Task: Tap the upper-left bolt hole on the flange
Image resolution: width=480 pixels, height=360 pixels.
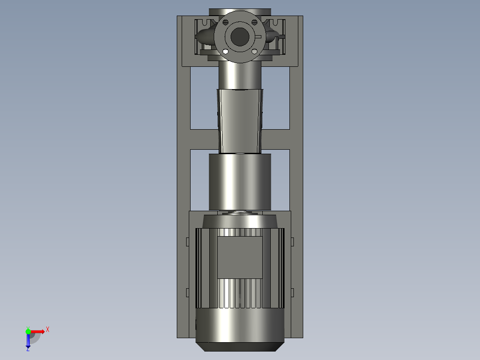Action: [225, 22]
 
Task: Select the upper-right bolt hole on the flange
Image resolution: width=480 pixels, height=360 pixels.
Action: [254, 22]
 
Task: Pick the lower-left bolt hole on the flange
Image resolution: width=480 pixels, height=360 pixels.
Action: [225, 52]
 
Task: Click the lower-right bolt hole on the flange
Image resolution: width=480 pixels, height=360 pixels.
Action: [254, 52]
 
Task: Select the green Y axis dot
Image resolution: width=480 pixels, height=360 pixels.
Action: [28, 331]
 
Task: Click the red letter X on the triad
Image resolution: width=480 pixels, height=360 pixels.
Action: [47, 330]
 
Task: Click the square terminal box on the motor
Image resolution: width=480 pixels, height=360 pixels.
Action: [240, 257]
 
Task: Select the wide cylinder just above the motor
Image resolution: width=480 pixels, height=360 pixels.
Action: [240, 181]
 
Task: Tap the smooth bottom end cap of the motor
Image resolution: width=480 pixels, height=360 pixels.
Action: [240, 327]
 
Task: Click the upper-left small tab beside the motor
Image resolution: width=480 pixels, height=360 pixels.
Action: [187, 241]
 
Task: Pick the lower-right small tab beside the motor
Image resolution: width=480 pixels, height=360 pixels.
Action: [293, 292]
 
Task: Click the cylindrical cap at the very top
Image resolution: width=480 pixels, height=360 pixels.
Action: [240, 12]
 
